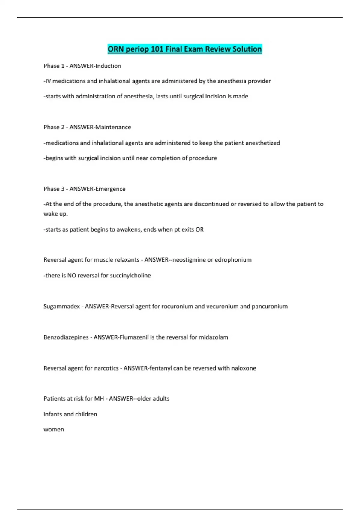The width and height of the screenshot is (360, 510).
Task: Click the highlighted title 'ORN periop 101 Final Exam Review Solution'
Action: (185, 49)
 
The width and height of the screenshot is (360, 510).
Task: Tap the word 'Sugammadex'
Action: (62, 307)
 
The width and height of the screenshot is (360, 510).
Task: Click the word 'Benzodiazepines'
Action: (66, 337)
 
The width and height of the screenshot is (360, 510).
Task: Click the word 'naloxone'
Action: (244, 368)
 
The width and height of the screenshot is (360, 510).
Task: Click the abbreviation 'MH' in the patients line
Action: (99, 399)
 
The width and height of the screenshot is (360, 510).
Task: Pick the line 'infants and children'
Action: (70, 414)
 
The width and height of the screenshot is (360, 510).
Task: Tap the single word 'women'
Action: (54, 430)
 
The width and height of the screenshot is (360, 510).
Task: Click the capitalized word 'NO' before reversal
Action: (72, 276)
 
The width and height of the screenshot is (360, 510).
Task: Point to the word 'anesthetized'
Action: (263, 143)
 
